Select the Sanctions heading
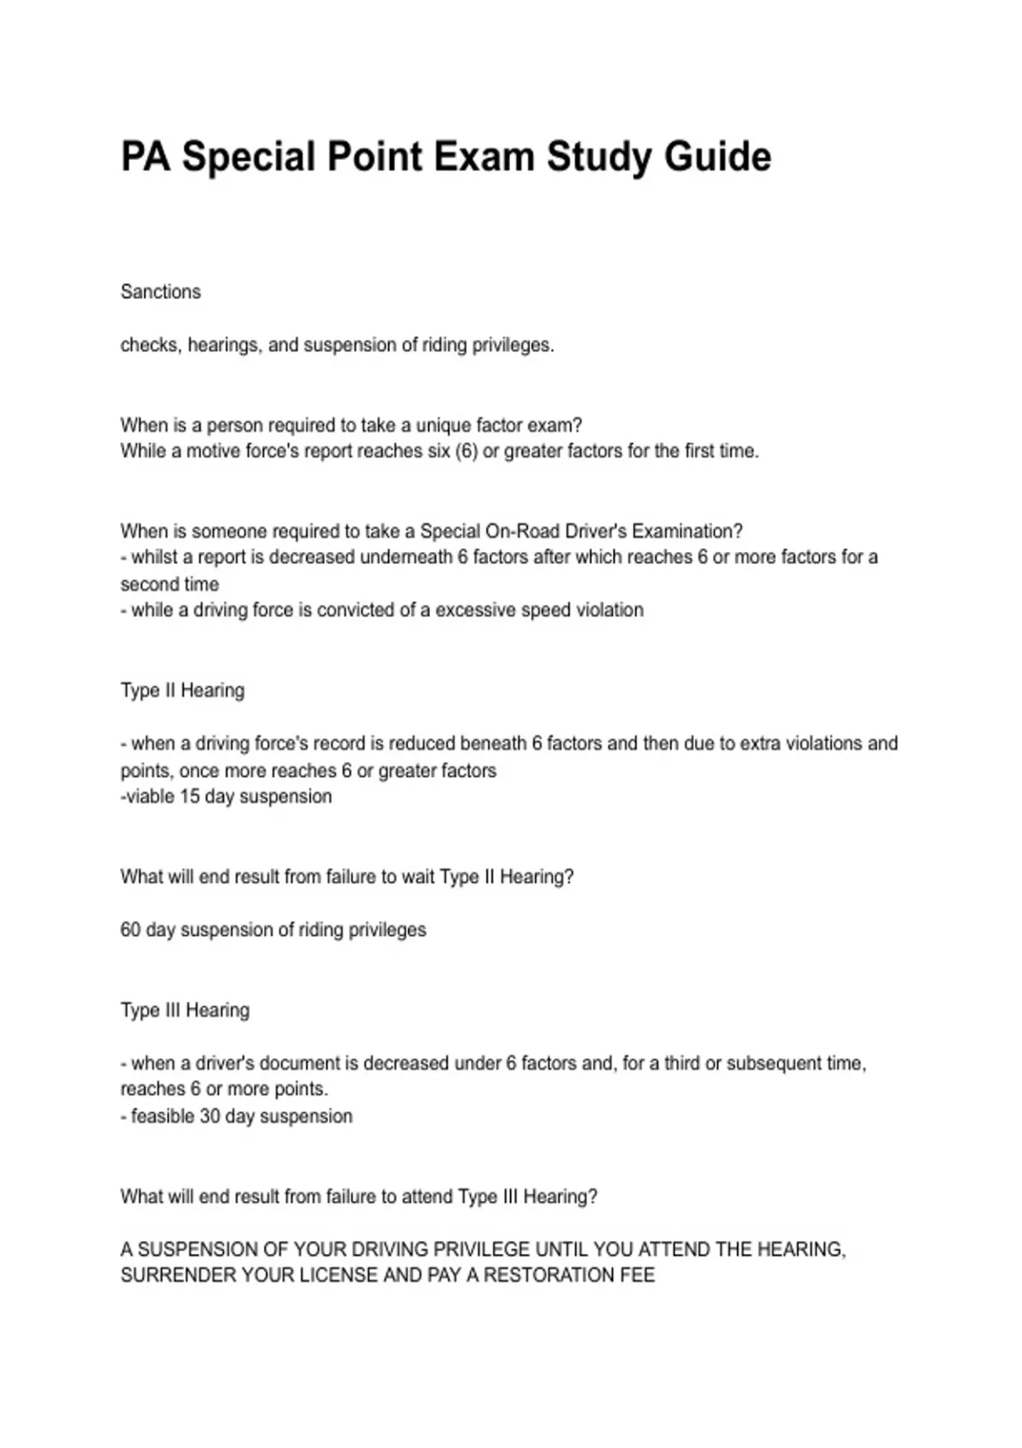coord(161,292)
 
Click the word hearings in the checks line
coord(224,346)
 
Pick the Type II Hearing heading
coord(182,691)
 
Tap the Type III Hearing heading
coord(185,1011)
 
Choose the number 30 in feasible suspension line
coord(210,1117)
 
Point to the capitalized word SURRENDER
coord(178,1276)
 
